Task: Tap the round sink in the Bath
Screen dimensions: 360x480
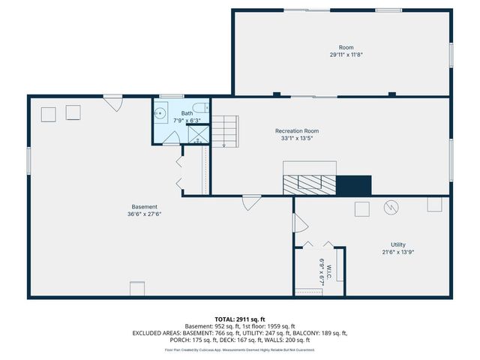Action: tap(160, 114)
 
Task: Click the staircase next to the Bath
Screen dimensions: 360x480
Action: tap(225, 130)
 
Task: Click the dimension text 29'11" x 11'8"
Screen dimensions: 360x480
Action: tap(346, 55)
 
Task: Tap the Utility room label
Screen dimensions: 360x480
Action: tap(397, 244)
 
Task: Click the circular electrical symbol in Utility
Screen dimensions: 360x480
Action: tap(391, 207)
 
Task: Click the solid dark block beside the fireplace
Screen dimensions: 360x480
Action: tap(353, 184)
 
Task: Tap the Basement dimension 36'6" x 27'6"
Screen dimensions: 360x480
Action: tap(145, 214)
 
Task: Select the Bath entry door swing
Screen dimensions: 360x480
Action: tap(171, 137)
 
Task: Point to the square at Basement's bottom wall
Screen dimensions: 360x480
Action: tap(136, 289)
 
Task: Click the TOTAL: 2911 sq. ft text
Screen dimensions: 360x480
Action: tap(240, 319)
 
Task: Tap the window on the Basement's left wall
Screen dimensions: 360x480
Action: tap(28, 162)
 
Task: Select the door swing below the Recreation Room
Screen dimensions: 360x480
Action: tap(251, 201)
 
